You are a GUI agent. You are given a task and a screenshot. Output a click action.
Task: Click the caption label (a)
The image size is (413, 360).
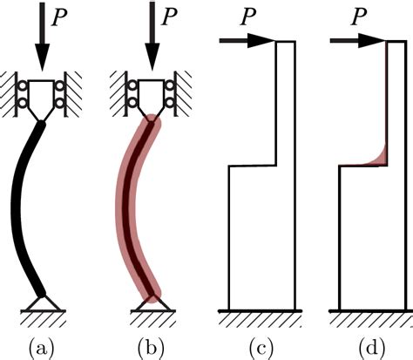(41, 349)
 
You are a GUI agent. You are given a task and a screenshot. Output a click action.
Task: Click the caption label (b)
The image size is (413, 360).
(151, 349)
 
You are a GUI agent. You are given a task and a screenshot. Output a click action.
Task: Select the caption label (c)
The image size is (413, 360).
(261, 349)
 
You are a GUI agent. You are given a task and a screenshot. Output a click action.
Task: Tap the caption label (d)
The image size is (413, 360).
(371, 349)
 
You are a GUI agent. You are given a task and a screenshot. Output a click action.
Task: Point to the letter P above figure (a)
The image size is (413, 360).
(59, 17)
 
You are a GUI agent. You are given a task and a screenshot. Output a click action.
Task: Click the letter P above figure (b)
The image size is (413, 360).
(170, 17)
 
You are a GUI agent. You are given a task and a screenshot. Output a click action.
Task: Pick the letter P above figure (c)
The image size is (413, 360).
(248, 17)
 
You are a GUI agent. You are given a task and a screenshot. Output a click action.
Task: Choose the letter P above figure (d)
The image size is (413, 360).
(359, 17)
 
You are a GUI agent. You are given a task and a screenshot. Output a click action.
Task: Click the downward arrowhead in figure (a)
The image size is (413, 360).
(43, 57)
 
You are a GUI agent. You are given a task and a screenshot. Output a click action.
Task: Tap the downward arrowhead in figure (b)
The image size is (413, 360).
(152, 57)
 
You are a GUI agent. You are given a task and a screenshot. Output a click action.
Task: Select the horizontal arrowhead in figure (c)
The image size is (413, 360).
(261, 40)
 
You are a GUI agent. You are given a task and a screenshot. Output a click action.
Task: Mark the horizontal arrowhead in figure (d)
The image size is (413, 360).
(371, 40)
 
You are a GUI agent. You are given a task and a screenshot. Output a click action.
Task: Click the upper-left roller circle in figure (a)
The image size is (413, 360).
(23, 86)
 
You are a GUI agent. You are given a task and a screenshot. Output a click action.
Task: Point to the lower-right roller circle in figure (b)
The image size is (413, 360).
(169, 102)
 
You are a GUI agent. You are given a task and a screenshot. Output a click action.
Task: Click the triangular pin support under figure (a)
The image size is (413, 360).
(43, 303)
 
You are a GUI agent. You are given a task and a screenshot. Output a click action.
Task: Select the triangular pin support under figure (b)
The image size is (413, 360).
(152, 303)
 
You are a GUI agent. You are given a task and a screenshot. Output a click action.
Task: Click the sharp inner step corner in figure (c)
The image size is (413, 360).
(276, 166)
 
